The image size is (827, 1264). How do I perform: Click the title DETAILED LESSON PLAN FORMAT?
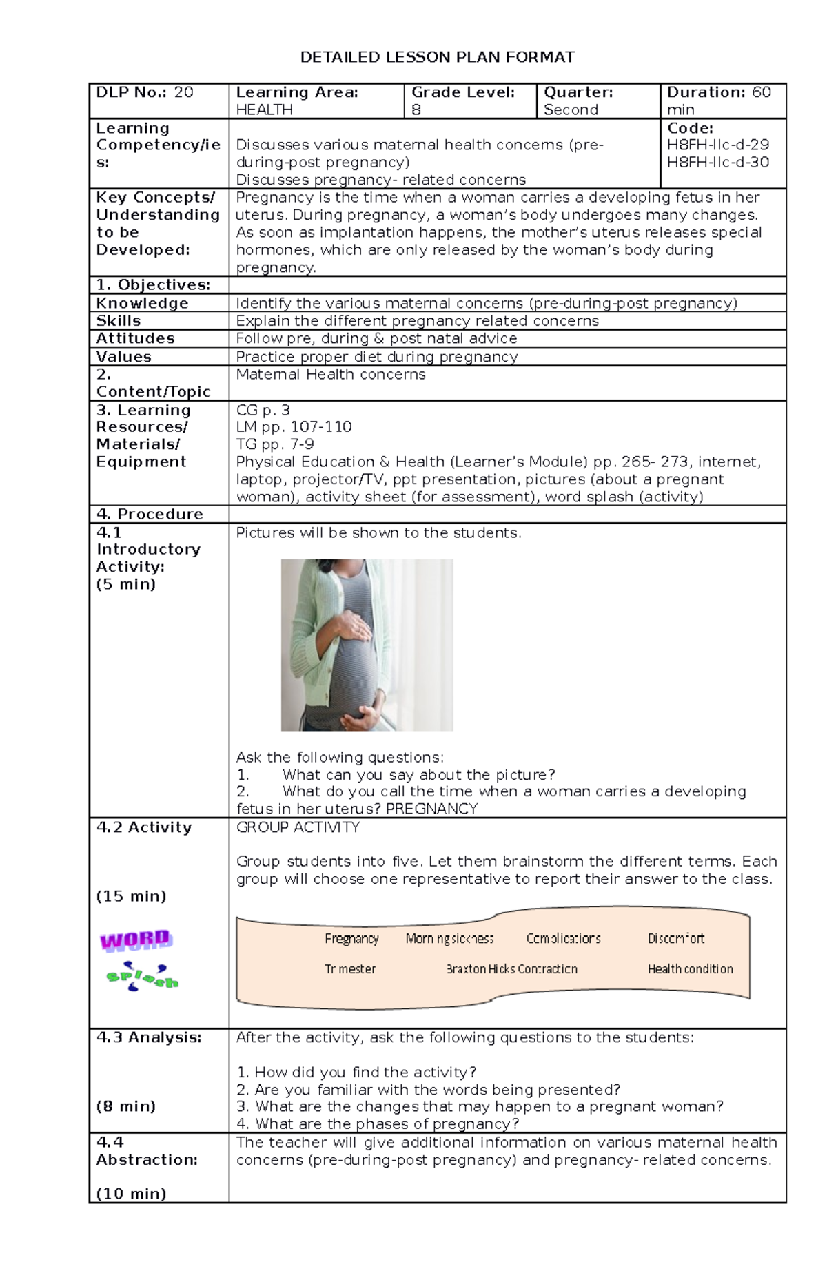click(437, 57)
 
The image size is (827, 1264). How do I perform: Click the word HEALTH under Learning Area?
click(264, 110)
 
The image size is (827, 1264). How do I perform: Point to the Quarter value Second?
click(571, 110)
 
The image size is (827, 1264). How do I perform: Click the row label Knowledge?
click(142, 303)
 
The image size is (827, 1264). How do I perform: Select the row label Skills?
click(119, 321)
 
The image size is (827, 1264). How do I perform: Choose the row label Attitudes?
click(135, 338)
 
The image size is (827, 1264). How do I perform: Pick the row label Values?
click(123, 357)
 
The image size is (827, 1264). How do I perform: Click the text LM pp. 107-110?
click(294, 427)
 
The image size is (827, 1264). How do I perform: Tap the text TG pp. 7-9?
click(275, 444)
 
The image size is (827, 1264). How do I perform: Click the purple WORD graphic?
click(136, 940)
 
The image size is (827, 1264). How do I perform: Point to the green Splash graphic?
click(142, 977)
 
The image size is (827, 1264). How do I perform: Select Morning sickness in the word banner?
click(449, 939)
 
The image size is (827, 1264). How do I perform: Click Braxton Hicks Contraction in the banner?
click(511, 969)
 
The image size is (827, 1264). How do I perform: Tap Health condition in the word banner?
click(690, 969)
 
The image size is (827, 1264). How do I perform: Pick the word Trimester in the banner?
click(350, 969)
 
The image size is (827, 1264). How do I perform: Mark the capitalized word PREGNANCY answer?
click(431, 809)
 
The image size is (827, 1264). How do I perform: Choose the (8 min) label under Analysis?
click(126, 1106)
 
